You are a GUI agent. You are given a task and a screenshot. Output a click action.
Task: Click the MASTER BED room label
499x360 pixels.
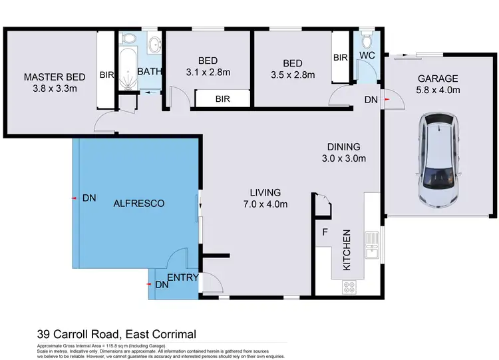click(x=52, y=76)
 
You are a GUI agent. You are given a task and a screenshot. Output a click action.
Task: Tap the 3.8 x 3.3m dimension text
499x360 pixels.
click(x=52, y=87)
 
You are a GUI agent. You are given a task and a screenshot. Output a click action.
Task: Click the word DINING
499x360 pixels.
click(x=343, y=147)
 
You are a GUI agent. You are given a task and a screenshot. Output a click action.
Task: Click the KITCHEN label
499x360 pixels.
click(x=347, y=250)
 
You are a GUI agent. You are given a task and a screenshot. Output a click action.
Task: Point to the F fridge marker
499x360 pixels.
click(x=324, y=234)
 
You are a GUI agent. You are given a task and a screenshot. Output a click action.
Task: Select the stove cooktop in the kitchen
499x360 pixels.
click(x=349, y=286)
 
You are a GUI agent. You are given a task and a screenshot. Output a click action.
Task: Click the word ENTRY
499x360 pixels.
click(x=182, y=277)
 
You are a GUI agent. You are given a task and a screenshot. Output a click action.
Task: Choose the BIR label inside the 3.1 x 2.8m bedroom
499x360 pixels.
click(x=223, y=98)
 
